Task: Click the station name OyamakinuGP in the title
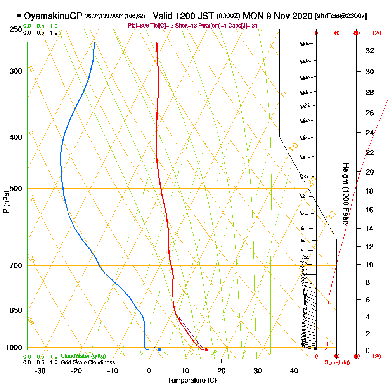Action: tap(53, 16)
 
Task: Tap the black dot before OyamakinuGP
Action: tap(19, 16)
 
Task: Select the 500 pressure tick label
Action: tap(14, 189)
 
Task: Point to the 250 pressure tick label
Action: tap(14, 29)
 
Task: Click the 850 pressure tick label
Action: tap(14, 310)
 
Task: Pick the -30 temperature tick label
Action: tap(40, 371)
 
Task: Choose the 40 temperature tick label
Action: tap(294, 371)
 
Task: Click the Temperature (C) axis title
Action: tap(192, 381)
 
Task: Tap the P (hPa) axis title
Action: tap(6, 201)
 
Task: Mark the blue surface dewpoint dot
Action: tap(159, 350)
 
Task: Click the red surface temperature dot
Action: tap(206, 350)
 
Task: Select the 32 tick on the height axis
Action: tap(370, 50)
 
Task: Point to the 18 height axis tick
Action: tap(370, 191)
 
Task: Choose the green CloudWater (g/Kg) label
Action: tap(83, 356)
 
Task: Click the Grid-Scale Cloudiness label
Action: tap(88, 362)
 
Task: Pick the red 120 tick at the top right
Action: tap(376, 33)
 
